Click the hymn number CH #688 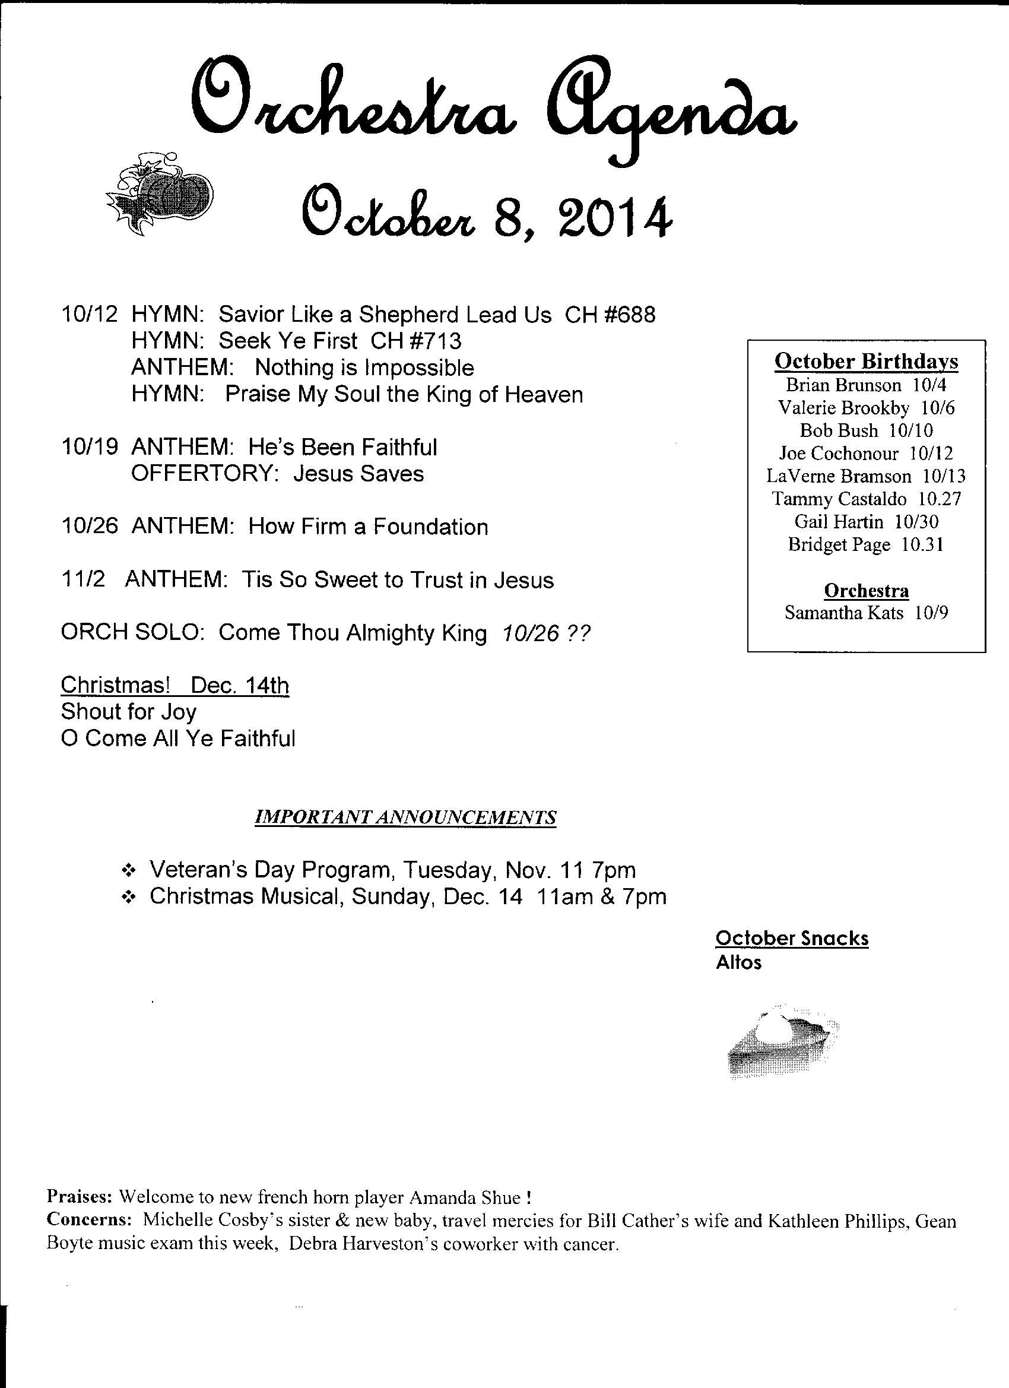[610, 315]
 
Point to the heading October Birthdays [866, 361]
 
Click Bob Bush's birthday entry [866, 430]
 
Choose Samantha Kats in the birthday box [843, 613]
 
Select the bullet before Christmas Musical [129, 896]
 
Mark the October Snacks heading [792, 938]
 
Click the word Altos [738, 963]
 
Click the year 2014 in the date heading [615, 218]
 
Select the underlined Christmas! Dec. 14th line [175, 685]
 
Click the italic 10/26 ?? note [545, 633]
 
